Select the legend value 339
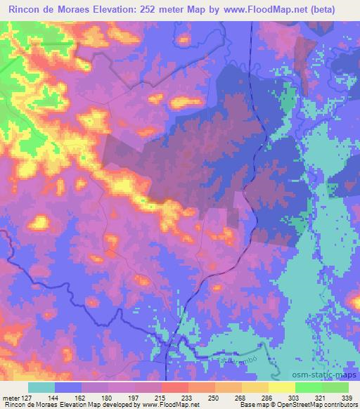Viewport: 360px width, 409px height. click(x=346, y=397)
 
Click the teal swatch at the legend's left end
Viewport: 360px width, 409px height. click(x=41, y=387)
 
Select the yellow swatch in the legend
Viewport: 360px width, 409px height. click(x=282, y=387)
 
